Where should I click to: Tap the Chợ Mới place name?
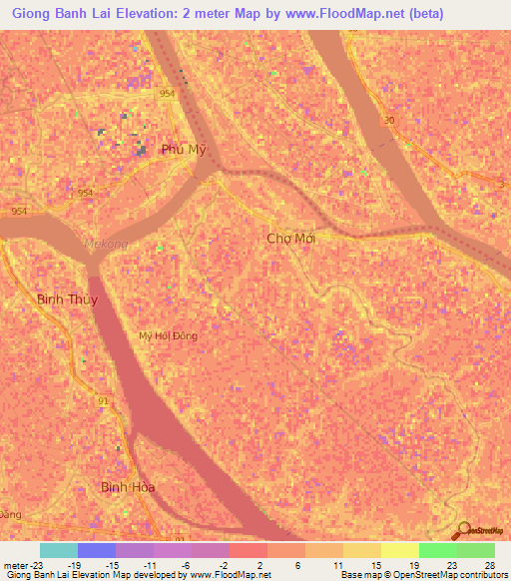[x=291, y=239]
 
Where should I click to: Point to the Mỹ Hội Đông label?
[x=169, y=335]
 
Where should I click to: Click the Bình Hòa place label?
[x=129, y=486]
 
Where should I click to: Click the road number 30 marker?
[x=387, y=121]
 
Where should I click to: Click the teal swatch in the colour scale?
[x=58, y=550]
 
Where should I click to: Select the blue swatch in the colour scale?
[x=96, y=550]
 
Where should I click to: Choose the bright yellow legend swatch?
[x=399, y=550]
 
